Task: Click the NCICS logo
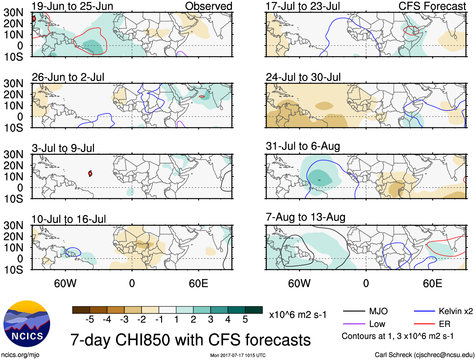[x=27, y=324]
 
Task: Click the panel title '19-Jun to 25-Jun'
[x=72, y=6]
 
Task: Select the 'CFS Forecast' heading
[x=432, y=6]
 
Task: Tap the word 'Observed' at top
[x=208, y=6]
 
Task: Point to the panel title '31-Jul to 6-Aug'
[x=303, y=146]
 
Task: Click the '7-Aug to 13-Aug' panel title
[x=305, y=217]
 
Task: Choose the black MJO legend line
[x=354, y=311]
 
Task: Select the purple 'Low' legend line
[x=354, y=324]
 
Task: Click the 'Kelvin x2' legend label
[x=456, y=311]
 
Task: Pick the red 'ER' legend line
[x=424, y=324]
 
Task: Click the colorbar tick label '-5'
[x=90, y=320]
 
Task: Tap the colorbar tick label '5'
[x=245, y=320]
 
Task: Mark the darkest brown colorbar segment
[x=81, y=310]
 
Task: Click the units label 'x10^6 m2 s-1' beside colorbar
[x=298, y=315]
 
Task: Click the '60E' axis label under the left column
[x=198, y=283]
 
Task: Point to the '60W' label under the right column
[x=299, y=283]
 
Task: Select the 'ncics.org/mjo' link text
[x=20, y=355]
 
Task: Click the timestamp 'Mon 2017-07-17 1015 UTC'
[x=238, y=355]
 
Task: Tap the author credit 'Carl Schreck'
[x=393, y=355]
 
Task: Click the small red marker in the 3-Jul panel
[x=90, y=173]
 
